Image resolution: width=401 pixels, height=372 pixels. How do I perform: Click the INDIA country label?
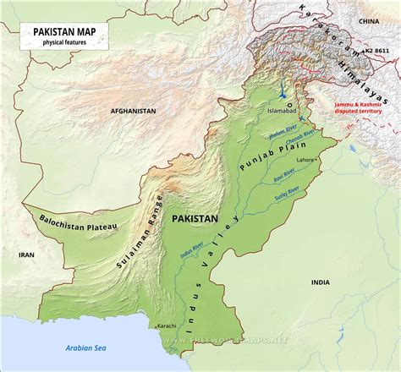click(x=320, y=282)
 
